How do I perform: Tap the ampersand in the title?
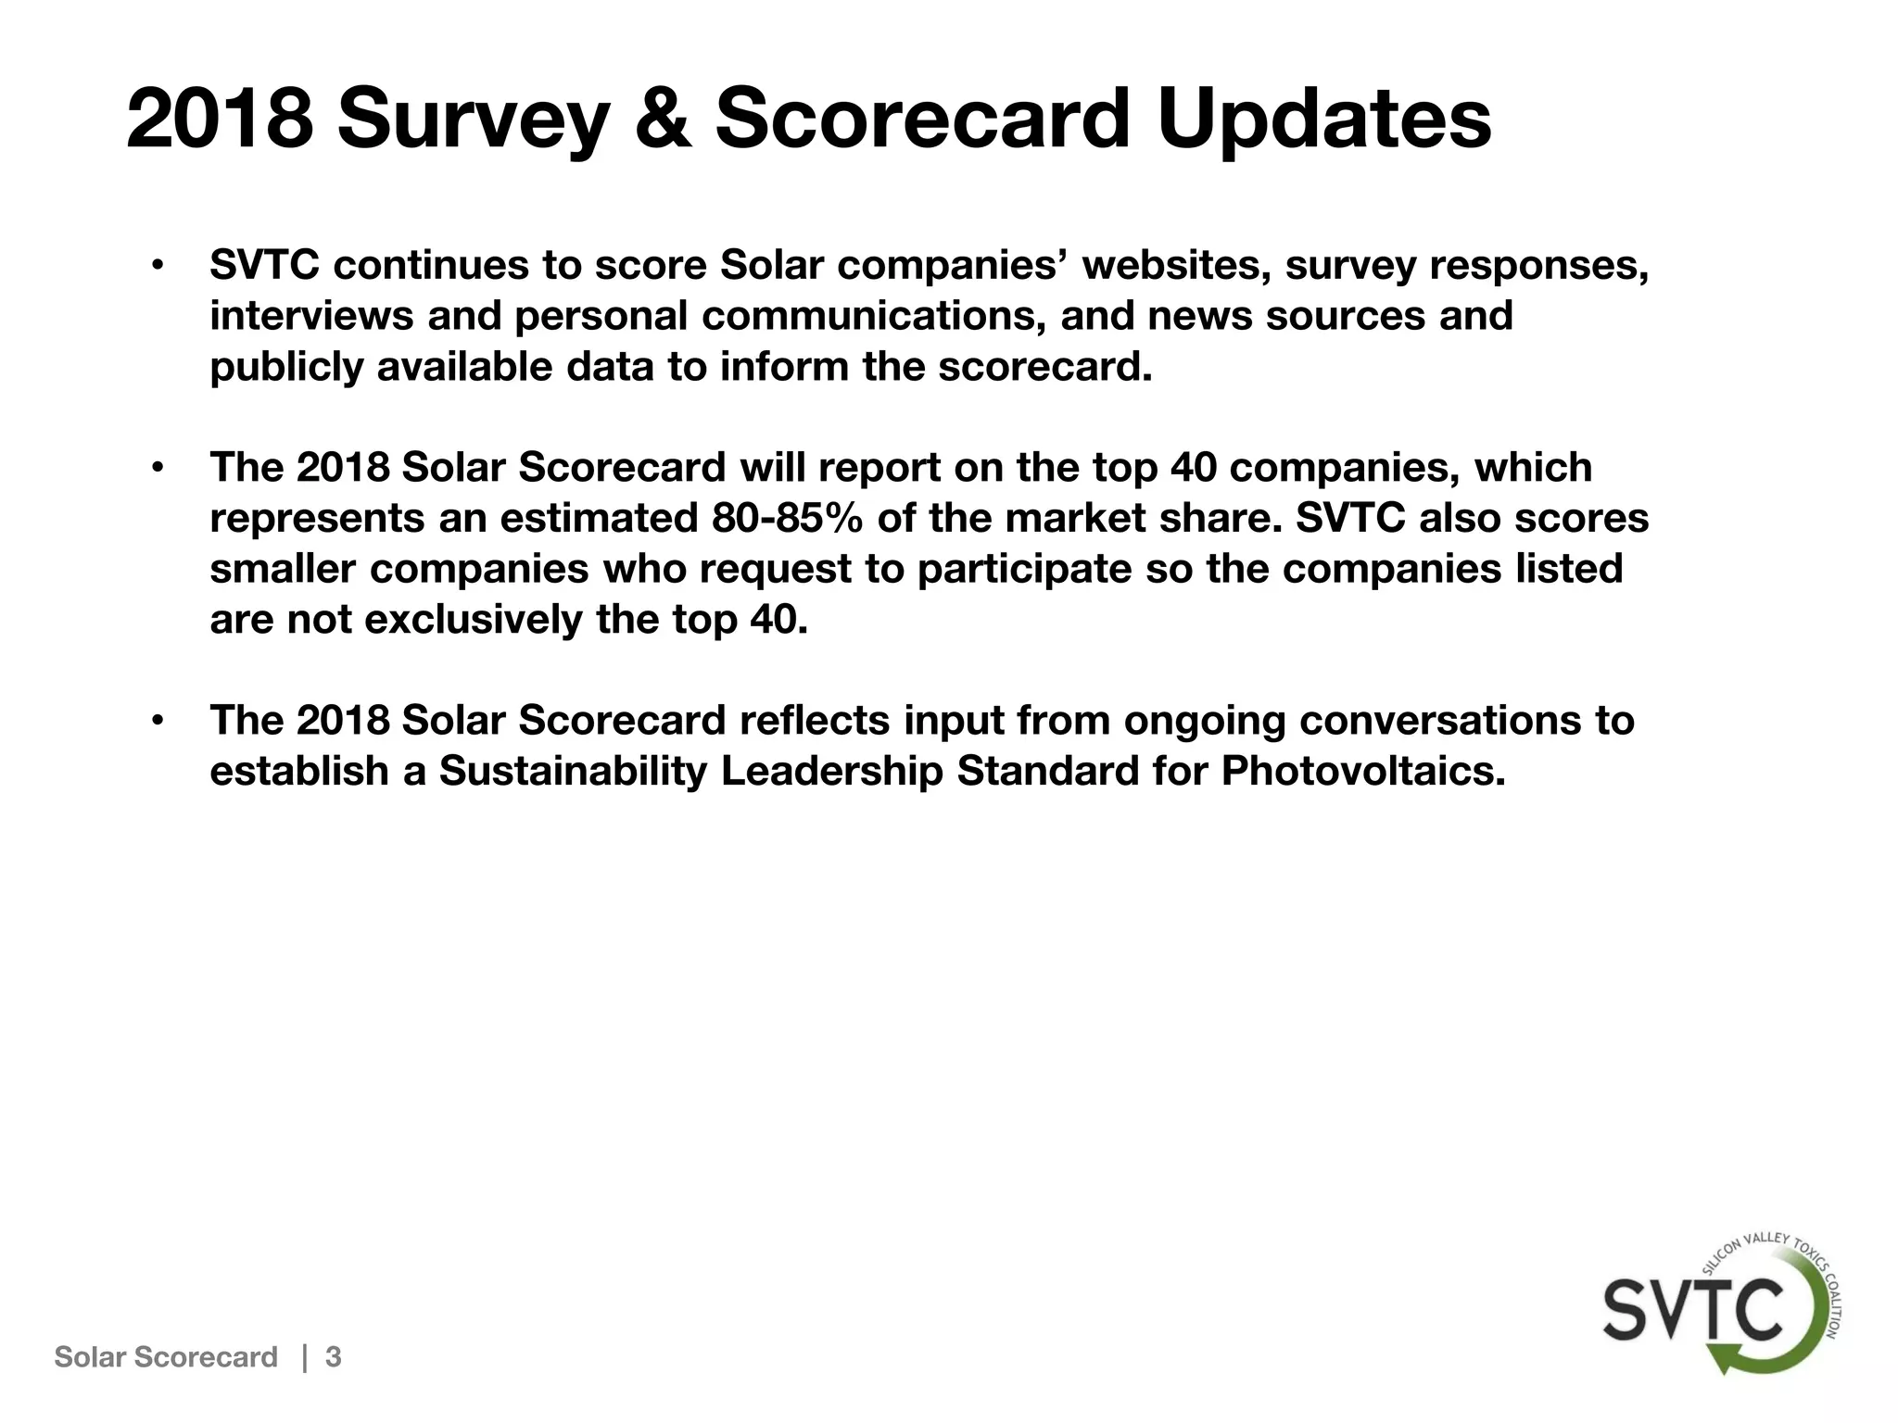pos(661,119)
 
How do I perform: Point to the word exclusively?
pos(474,619)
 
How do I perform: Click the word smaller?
pos(283,569)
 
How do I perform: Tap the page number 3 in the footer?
pos(334,1357)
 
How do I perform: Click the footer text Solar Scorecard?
pos(166,1357)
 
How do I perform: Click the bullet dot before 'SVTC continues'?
pos(158,267)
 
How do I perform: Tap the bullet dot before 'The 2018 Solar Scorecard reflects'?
pos(158,721)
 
